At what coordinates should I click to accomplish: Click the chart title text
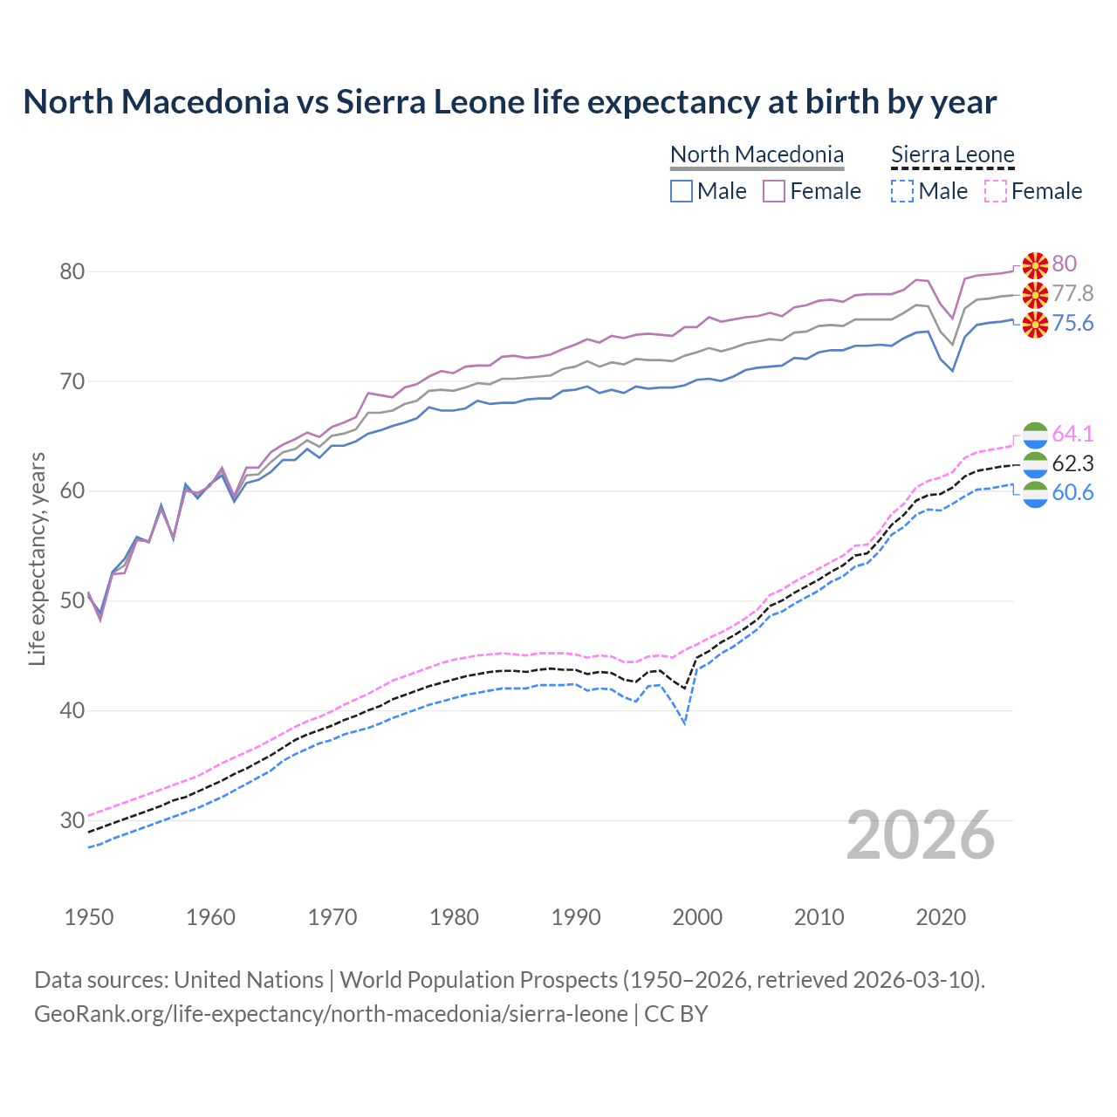pyautogui.click(x=510, y=102)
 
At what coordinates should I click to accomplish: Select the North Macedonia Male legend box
pyautogui.click(x=682, y=191)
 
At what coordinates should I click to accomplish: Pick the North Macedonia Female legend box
pyautogui.click(x=774, y=191)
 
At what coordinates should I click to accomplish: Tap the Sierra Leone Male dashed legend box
pyautogui.click(x=902, y=191)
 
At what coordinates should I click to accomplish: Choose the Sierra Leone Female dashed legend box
pyautogui.click(x=996, y=191)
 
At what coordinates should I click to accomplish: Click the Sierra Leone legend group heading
pyautogui.click(x=952, y=155)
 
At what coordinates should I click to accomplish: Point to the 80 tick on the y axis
pyautogui.click(x=72, y=272)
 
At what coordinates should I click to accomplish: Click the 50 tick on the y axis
pyautogui.click(x=72, y=601)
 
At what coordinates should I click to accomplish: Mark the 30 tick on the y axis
pyautogui.click(x=72, y=820)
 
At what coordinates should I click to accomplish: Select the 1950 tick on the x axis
pyautogui.click(x=89, y=917)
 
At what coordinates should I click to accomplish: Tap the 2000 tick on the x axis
pyautogui.click(x=697, y=917)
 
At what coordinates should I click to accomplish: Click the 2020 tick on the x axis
pyautogui.click(x=941, y=917)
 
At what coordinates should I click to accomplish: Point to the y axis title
pyautogui.click(x=37, y=558)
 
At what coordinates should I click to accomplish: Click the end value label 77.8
pyautogui.click(x=1072, y=294)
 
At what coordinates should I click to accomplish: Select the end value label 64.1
pyautogui.click(x=1072, y=434)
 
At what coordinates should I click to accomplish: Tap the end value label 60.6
pyautogui.click(x=1072, y=493)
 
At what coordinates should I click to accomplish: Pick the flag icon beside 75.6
pyautogui.click(x=1035, y=325)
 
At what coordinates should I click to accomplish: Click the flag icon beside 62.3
pyautogui.click(x=1035, y=463)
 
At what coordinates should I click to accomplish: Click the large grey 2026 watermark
pyautogui.click(x=921, y=835)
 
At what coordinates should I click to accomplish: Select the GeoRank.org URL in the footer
pyautogui.click(x=331, y=1014)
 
